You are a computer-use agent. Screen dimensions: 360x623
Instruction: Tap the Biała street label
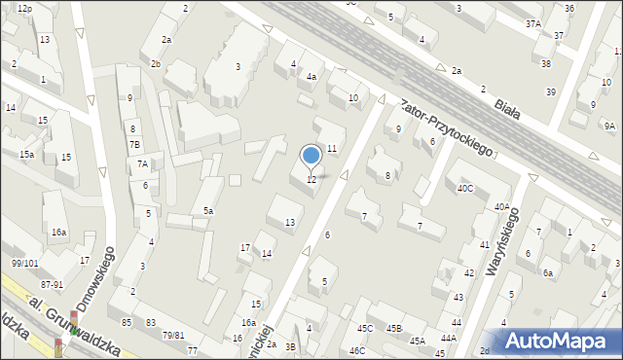tap(505, 107)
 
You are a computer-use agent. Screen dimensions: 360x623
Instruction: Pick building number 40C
tap(465, 188)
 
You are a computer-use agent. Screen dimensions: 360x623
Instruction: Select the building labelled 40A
tap(501, 206)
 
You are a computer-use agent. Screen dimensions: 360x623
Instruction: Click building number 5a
tap(208, 210)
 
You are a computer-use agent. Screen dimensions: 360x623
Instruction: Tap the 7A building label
tap(142, 164)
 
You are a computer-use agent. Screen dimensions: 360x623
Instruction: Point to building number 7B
tap(135, 145)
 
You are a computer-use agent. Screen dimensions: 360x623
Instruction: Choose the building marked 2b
tap(156, 64)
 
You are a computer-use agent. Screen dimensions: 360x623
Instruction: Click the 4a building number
tap(311, 76)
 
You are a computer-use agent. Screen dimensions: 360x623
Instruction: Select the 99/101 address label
tap(25, 263)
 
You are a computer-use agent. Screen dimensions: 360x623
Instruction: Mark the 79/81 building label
tap(173, 336)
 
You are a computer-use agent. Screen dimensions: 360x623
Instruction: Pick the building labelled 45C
tap(365, 329)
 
